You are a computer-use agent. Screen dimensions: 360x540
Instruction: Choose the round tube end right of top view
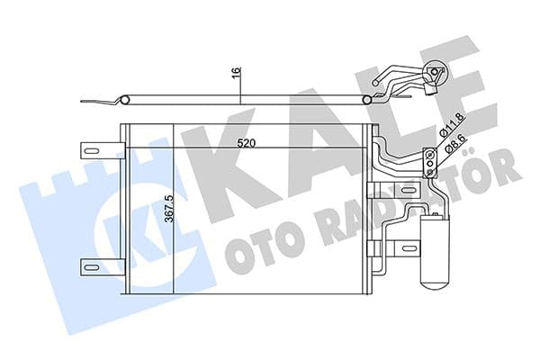[371, 100]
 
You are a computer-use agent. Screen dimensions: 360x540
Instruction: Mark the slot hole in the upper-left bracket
[91, 148]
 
